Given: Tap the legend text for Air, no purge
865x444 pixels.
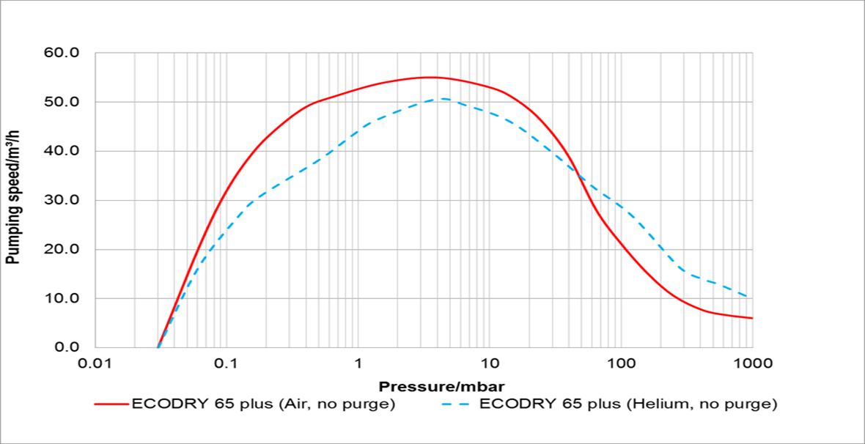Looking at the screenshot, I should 264,404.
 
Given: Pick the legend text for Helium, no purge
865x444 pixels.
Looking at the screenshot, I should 627,404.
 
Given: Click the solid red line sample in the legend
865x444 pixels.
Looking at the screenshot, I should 110,404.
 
